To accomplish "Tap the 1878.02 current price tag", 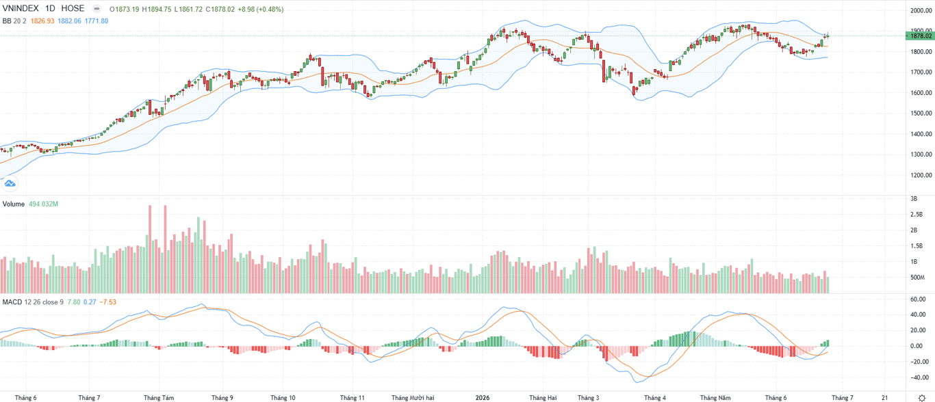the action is coord(920,36).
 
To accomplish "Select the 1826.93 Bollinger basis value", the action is coord(42,21).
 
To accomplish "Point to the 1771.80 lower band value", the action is coord(96,21).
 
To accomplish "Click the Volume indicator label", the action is coord(14,204).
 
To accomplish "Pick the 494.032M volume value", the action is coord(43,204).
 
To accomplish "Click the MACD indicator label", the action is coord(12,302).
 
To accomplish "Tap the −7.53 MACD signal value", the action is coord(107,302).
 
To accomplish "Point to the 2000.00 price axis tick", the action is coord(921,10).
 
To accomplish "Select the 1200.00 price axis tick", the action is coord(921,175).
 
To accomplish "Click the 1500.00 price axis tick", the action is coord(921,113).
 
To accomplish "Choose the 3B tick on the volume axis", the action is coord(914,199).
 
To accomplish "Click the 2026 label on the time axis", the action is coord(482,397).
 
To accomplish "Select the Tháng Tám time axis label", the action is coord(159,397).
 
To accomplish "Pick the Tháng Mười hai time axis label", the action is coord(413,397).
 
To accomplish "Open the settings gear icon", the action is coord(921,397).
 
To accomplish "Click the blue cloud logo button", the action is coord(10,183).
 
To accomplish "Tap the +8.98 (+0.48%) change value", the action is coord(261,9).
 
